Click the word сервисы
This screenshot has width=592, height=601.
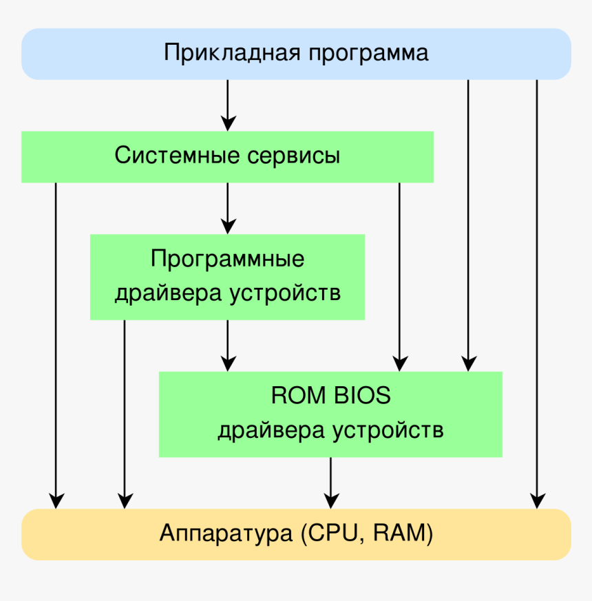click(294, 156)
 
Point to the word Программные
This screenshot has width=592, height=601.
click(227, 260)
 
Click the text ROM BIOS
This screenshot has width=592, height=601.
click(330, 396)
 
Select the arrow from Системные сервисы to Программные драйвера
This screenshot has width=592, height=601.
click(228, 207)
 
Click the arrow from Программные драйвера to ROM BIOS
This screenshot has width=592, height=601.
click(228, 345)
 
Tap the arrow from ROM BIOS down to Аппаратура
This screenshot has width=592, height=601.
click(331, 482)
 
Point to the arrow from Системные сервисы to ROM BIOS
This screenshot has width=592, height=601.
click(400, 275)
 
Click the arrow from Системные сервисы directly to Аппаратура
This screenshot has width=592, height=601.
click(56, 344)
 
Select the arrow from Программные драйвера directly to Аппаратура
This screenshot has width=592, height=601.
click(125, 413)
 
